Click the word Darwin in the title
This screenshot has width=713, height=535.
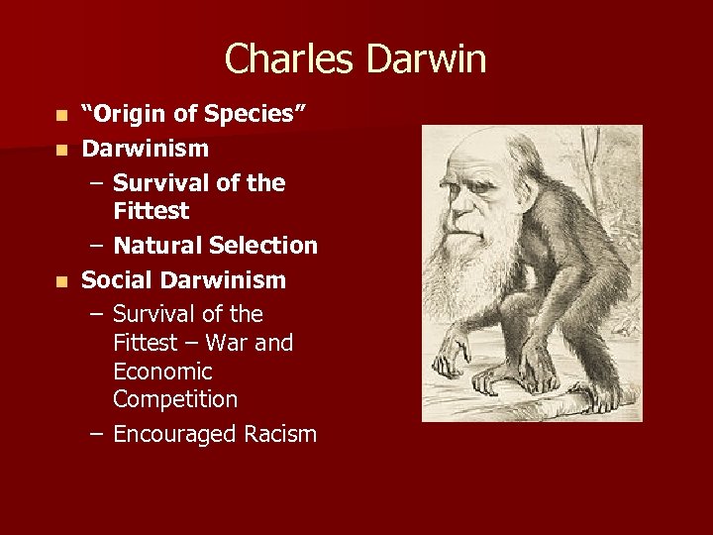tap(426, 59)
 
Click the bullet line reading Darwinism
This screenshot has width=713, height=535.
tap(145, 149)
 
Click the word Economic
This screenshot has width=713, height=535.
tap(162, 372)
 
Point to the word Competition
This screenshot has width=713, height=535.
tap(175, 399)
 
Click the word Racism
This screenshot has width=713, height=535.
tap(282, 434)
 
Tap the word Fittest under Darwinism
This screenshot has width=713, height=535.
tap(151, 211)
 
